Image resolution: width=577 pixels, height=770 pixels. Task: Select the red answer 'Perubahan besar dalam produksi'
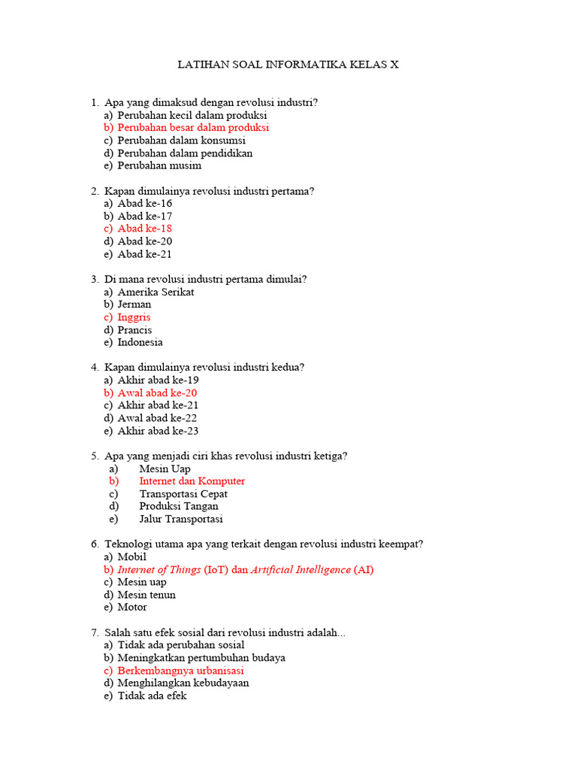(x=193, y=128)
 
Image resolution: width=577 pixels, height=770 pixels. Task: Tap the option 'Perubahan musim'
(x=159, y=165)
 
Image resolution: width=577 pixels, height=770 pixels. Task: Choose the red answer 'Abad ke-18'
(x=145, y=229)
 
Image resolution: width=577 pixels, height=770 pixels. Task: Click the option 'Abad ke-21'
(x=145, y=254)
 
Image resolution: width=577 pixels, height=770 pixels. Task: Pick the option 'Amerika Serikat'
(x=156, y=292)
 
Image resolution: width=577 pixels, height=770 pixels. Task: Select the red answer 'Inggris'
(x=134, y=317)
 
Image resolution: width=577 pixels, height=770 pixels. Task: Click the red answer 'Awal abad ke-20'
(x=157, y=393)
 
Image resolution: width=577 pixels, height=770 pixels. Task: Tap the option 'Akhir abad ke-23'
(x=158, y=431)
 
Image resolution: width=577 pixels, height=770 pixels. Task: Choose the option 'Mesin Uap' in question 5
(x=165, y=468)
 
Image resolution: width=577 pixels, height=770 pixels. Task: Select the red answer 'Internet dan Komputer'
(x=192, y=481)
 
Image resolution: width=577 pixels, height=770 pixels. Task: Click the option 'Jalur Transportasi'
(x=181, y=519)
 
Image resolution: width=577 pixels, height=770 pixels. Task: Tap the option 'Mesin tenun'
(x=147, y=595)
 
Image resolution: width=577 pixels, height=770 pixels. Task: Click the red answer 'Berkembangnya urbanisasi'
(x=180, y=671)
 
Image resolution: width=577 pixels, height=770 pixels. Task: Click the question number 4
(x=95, y=368)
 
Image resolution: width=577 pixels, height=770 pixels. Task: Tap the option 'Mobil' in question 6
(x=132, y=557)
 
